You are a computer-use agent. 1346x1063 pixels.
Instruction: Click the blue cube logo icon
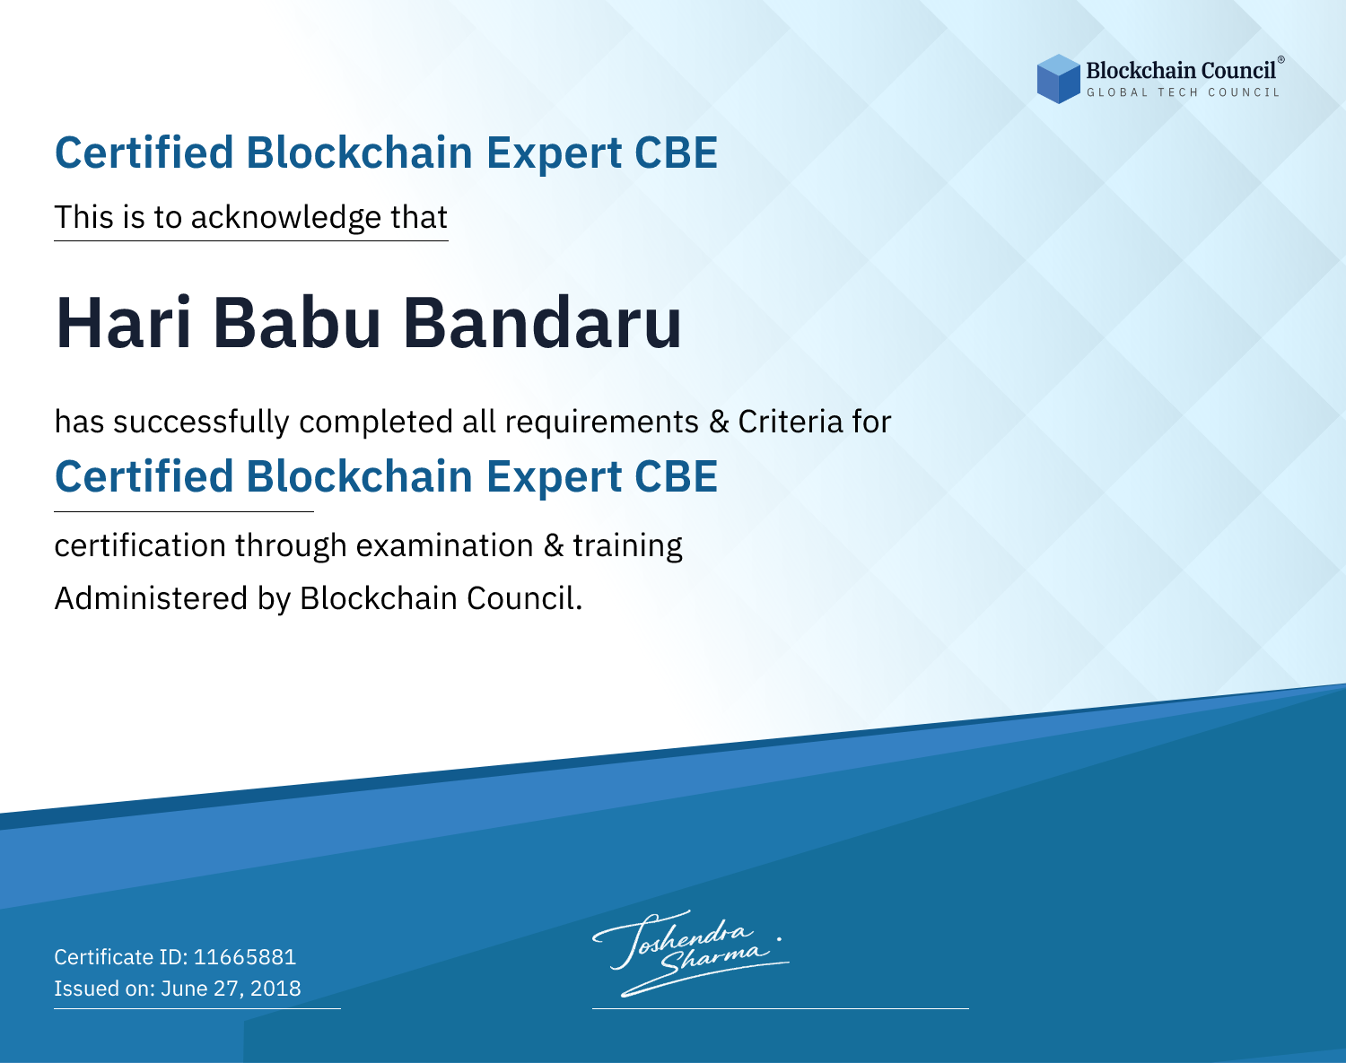pyautogui.click(x=1058, y=79)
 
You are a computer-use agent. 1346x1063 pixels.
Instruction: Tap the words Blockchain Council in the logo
pyautogui.click(x=1181, y=71)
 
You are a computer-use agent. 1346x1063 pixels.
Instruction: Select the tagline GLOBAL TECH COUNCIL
pyautogui.click(x=1183, y=92)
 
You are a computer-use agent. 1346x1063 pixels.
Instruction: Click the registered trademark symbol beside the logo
pyautogui.click(x=1280, y=60)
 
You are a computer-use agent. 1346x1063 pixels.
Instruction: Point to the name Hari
pyautogui.click(x=123, y=323)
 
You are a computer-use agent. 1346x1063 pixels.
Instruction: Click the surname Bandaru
pyautogui.click(x=542, y=323)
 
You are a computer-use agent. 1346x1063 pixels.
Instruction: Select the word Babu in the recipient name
pyautogui.click(x=296, y=323)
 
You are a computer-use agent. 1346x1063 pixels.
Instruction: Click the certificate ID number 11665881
pyautogui.click(x=245, y=956)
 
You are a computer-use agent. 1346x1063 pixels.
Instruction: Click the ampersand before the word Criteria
pyautogui.click(x=719, y=422)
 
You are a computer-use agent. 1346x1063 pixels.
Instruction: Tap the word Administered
pyautogui.click(x=151, y=598)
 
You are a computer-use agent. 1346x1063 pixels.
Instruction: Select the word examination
pyautogui.click(x=444, y=545)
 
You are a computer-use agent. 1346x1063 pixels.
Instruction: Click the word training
pyautogui.click(x=627, y=546)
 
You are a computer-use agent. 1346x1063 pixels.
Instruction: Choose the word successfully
pyautogui.click(x=201, y=423)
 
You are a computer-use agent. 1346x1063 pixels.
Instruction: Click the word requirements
pyautogui.click(x=602, y=423)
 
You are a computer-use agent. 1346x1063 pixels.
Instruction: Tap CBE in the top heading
pyautogui.click(x=676, y=152)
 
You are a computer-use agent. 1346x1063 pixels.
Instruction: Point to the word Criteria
pyautogui.click(x=790, y=422)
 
